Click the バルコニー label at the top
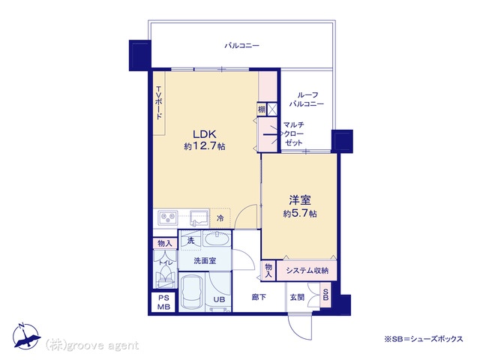[x=241, y=46]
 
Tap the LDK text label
[x=205, y=134]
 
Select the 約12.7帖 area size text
[x=205, y=146]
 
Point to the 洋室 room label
[x=300, y=200]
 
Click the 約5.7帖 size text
[x=300, y=213]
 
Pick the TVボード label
[x=159, y=103]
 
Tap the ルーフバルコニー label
[x=307, y=99]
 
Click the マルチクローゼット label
[x=293, y=133]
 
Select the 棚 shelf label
[x=262, y=109]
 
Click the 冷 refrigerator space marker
[x=220, y=218]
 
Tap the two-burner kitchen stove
[x=168, y=217]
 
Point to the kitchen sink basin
[x=199, y=217]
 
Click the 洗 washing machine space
[x=190, y=241]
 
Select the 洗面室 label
[x=205, y=261]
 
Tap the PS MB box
[x=163, y=302]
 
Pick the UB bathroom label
[x=219, y=299]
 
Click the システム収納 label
[x=307, y=271]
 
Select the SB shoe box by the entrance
[x=325, y=295]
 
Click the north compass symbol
[x=26, y=336]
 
